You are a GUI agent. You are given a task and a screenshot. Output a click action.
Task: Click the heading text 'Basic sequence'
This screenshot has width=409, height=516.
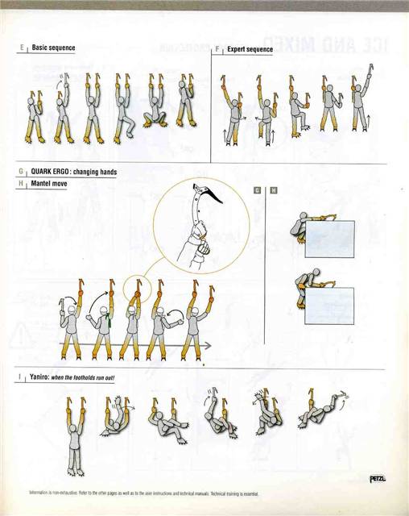(x=53, y=48)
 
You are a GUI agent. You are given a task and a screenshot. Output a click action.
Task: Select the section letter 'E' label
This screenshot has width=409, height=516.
(x=19, y=48)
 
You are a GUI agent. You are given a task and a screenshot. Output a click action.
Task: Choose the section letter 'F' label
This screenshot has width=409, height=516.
(x=217, y=49)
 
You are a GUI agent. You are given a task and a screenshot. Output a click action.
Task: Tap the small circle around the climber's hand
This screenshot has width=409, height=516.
(x=138, y=288)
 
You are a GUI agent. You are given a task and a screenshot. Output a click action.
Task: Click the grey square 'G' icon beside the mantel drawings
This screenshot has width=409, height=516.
(x=257, y=190)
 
